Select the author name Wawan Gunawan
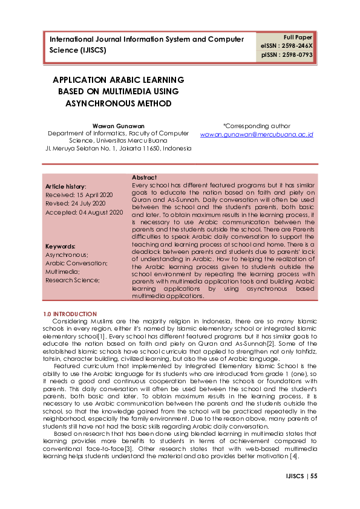119,126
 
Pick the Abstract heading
144,177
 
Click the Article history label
66,187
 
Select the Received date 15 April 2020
79,195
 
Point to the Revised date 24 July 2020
75,204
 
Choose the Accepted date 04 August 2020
84,212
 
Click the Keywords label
61,247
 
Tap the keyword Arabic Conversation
76,263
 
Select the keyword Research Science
73,279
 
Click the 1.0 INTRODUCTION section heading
70,314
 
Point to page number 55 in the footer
314,476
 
